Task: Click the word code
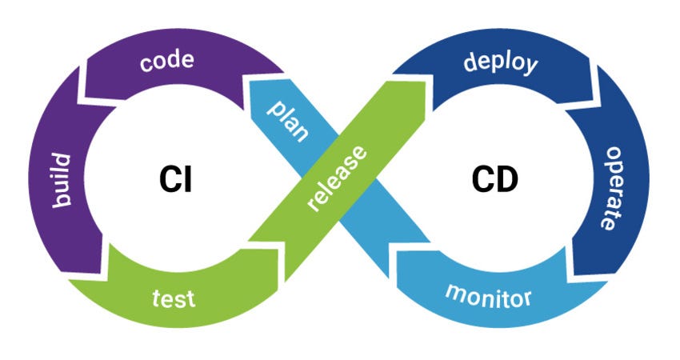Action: [x=167, y=63]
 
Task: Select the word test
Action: [x=174, y=298]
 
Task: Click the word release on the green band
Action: [x=335, y=180]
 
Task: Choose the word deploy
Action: [x=501, y=62]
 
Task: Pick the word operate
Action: [x=611, y=187]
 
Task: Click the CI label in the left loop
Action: [x=174, y=180]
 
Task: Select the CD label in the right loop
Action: [x=494, y=180]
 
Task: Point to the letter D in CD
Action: [x=506, y=180]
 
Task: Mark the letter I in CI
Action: [x=187, y=180]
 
